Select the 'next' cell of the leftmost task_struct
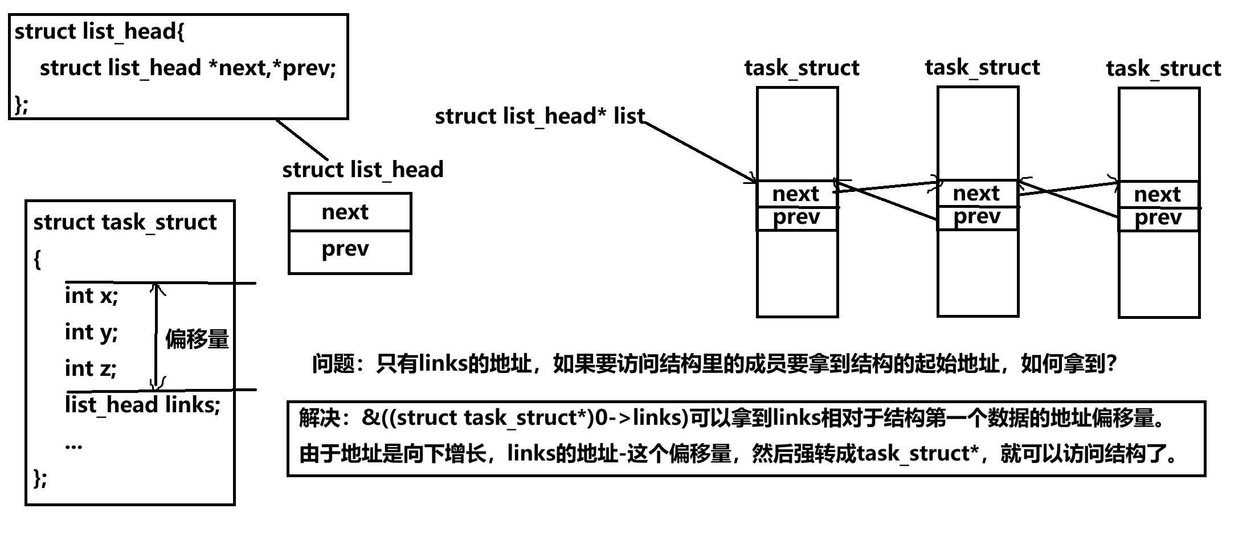pyautogui.click(x=796, y=195)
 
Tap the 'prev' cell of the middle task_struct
pyautogui.click(x=977, y=218)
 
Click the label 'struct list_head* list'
pyautogui.click(x=539, y=117)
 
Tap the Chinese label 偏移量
pyautogui.click(x=197, y=339)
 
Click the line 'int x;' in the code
pyautogui.click(x=91, y=296)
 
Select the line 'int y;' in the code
pyautogui.click(x=91, y=333)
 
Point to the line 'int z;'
pyautogui.click(x=91, y=368)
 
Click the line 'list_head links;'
pyautogui.click(x=142, y=405)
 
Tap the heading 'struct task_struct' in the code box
pyautogui.click(x=125, y=222)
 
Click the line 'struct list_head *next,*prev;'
pyautogui.click(x=188, y=68)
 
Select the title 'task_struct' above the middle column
pyautogui.click(x=982, y=68)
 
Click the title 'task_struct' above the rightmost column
pyautogui.click(x=1163, y=69)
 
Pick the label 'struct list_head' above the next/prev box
pyautogui.click(x=363, y=170)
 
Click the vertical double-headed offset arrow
pyautogui.click(x=156, y=336)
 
